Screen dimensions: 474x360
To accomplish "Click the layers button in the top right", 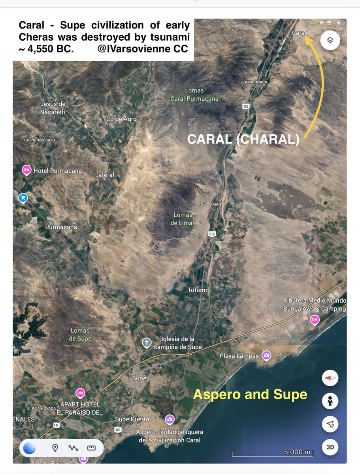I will pyautogui.click(x=330, y=39).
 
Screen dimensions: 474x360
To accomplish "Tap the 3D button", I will pyautogui.click(x=330, y=447).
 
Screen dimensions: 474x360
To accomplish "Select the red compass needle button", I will pyautogui.click(x=330, y=378).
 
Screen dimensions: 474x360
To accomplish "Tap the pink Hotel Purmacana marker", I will pyautogui.click(x=26, y=170).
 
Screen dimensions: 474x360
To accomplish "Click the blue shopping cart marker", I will pyautogui.click(x=23, y=197).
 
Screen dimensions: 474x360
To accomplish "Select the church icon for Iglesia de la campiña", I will pyautogui.click(x=147, y=343).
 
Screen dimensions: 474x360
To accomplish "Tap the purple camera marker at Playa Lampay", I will pyautogui.click(x=267, y=355).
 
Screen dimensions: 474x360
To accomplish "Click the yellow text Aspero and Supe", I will pyautogui.click(x=250, y=394).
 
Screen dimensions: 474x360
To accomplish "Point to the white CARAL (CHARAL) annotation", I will pyautogui.click(x=243, y=140).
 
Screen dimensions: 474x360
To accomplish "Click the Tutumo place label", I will pyautogui.click(x=198, y=290).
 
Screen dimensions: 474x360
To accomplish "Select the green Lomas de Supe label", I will pyautogui.click(x=80, y=335).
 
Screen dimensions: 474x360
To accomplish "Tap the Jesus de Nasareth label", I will pyautogui.click(x=53, y=108).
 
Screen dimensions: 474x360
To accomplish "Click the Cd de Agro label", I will pyautogui.click(x=121, y=119).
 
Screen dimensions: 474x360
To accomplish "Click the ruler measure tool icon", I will pyautogui.click(x=92, y=448).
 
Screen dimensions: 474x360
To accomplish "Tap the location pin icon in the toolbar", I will pyautogui.click(x=55, y=448).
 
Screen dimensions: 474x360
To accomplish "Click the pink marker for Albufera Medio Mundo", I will pyautogui.click(x=315, y=320).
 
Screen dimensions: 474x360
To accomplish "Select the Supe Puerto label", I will pyautogui.click(x=132, y=419).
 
